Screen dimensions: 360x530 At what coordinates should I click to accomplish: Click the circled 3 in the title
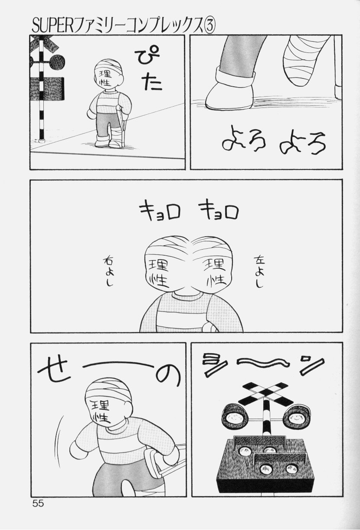click(x=209, y=26)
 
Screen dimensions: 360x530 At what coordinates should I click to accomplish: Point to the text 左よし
click(x=259, y=272)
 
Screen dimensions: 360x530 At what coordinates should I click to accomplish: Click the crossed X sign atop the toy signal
click(x=265, y=390)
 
